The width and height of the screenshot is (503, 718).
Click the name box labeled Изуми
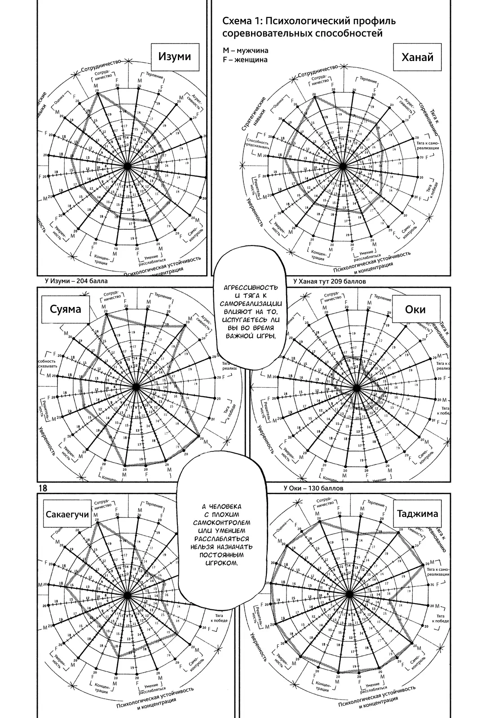(x=174, y=57)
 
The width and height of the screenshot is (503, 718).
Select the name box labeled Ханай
(x=417, y=57)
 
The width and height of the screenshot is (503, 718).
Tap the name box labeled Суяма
(x=66, y=309)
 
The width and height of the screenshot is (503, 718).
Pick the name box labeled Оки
(x=415, y=309)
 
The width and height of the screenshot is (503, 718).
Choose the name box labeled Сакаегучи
(x=67, y=514)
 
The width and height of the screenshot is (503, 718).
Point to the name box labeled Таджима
(x=417, y=514)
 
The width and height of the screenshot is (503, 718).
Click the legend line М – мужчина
(x=245, y=50)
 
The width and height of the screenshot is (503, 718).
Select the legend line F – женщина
(x=245, y=59)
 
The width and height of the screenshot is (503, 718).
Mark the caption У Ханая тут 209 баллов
(x=329, y=282)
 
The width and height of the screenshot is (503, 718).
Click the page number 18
(x=44, y=488)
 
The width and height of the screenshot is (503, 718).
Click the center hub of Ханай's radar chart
(x=343, y=166)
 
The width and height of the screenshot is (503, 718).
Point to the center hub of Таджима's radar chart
(x=350, y=594)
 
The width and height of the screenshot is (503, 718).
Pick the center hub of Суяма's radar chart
(x=136, y=388)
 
